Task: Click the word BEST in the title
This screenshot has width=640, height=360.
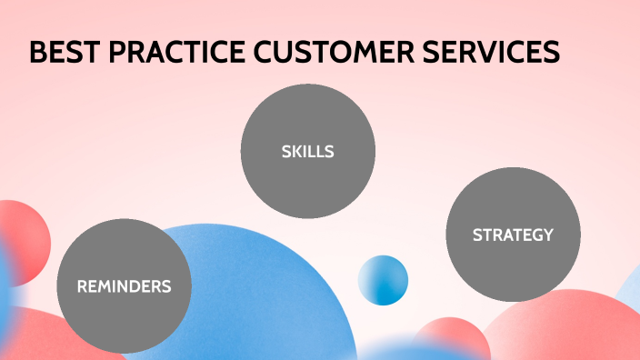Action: point(65,53)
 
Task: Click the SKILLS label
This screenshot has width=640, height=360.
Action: point(307,152)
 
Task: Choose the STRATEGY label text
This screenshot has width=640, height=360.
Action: point(513,235)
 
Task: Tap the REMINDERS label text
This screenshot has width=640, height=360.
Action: point(124,286)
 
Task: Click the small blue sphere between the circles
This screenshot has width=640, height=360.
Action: point(383,280)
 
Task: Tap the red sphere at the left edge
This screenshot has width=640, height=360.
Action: point(23,241)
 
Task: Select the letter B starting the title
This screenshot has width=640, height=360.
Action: point(37,53)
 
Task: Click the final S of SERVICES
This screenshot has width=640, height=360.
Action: point(552,53)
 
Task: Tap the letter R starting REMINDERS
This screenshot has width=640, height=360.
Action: point(82,286)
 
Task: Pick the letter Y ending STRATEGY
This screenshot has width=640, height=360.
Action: point(547,235)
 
